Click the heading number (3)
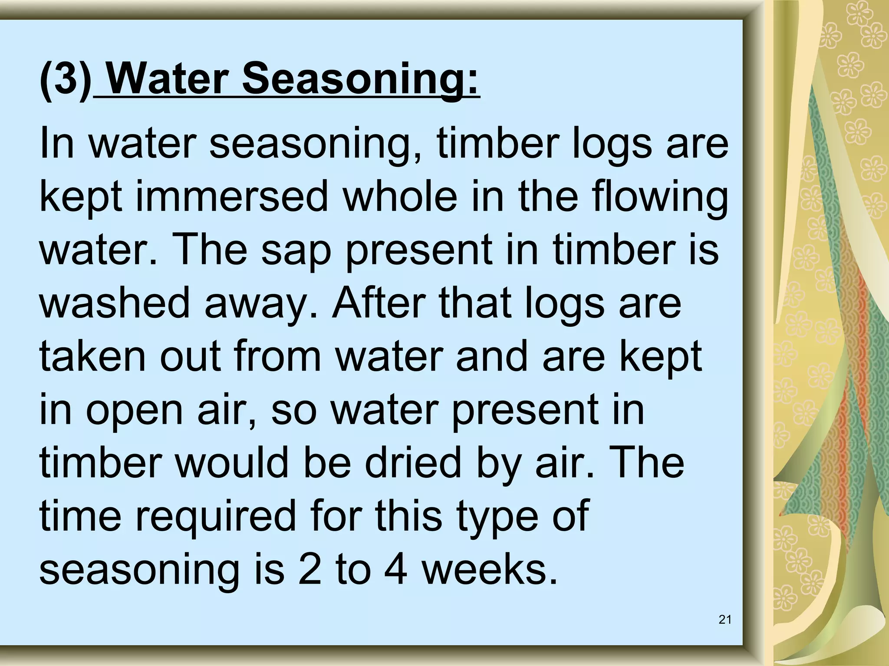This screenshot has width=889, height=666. coord(65,80)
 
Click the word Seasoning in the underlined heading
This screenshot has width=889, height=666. coord(360,80)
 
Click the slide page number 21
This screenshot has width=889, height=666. coord(725,620)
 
